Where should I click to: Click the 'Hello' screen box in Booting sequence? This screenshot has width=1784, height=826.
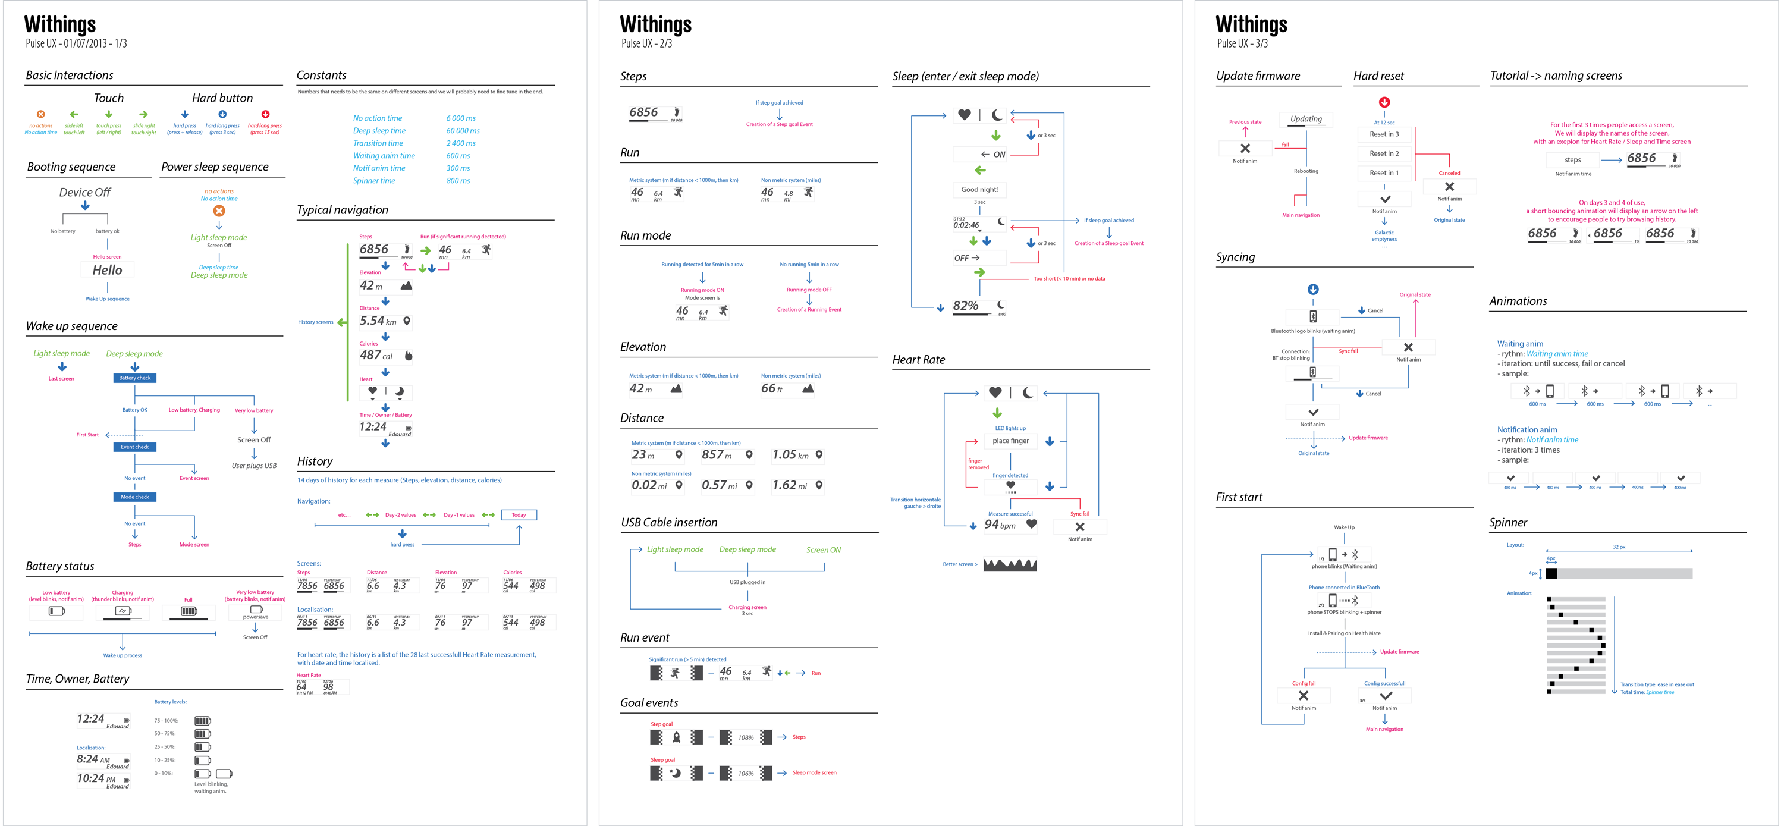[108, 270]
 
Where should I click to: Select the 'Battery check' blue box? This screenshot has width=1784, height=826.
[135, 378]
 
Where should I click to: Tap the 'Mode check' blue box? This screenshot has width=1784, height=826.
[135, 497]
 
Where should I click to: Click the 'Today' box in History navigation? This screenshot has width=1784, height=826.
[519, 515]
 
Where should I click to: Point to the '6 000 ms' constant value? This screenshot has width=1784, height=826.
[460, 118]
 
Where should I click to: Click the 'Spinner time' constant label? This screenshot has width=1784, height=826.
[374, 181]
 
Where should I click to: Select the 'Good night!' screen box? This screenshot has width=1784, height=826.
[979, 190]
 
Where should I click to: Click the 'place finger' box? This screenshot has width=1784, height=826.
[1010, 441]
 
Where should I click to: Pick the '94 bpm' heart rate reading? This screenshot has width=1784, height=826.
[1000, 525]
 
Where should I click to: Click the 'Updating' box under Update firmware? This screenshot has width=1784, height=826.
[1305, 119]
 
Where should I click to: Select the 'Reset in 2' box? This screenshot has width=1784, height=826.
[1384, 153]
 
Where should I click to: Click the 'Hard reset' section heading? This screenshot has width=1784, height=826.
[1378, 76]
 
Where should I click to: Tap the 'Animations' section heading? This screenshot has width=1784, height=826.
[1518, 301]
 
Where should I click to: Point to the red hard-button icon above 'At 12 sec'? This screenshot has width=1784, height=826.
[1384, 102]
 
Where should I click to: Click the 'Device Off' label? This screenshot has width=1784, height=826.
[84, 193]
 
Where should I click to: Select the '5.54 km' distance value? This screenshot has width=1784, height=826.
[378, 321]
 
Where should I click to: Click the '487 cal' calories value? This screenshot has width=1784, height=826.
[376, 355]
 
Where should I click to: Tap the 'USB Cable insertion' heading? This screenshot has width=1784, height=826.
[669, 523]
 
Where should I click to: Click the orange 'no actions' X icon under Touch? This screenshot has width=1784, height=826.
[41, 114]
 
